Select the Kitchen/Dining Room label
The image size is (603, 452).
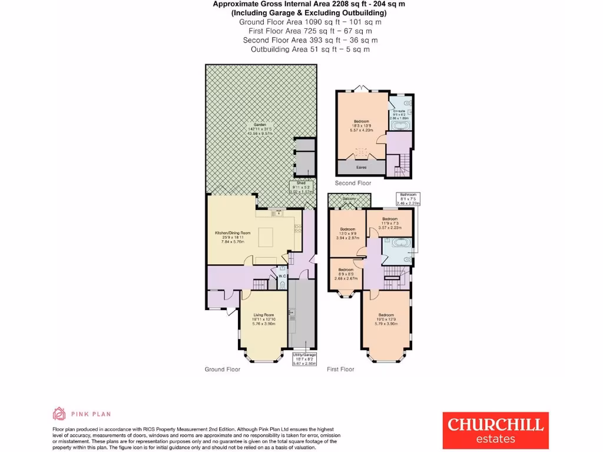tap(233, 233)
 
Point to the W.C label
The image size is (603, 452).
tap(281, 276)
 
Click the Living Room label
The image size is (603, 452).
tap(264, 318)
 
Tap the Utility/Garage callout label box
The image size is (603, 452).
tap(304, 360)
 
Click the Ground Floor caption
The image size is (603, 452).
tap(223, 369)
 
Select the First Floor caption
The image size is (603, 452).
tap(340, 369)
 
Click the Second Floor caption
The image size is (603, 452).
tap(353, 183)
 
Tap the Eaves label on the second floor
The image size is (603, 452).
tap(362, 167)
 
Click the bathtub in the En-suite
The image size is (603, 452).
tap(400, 125)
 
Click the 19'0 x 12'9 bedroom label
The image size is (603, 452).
tap(386, 318)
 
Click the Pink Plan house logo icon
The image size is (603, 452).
tap(59, 414)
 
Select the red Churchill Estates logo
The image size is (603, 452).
tap(495, 430)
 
